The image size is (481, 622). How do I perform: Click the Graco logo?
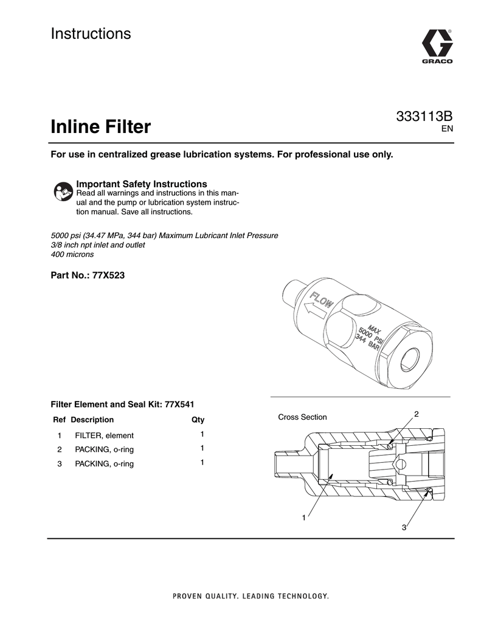pyautogui.click(x=436, y=47)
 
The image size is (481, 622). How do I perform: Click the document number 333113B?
pyautogui.click(x=424, y=117)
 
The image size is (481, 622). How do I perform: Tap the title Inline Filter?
pyautogui.click(x=100, y=128)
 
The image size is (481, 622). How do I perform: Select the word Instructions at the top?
pyautogui.click(x=91, y=34)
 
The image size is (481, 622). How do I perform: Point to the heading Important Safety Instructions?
pyautogui.click(x=142, y=184)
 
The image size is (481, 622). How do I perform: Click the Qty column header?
pyautogui.click(x=198, y=420)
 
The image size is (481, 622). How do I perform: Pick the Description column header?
pyautogui.click(x=92, y=420)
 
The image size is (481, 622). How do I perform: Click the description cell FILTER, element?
pyautogui.click(x=104, y=436)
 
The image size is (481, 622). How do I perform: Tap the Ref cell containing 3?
pyautogui.click(x=60, y=464)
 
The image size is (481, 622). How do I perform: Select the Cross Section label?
pyautogui.click(x=302, y=417)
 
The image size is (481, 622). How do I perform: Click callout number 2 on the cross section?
pyautogui.click(x=417, y=414)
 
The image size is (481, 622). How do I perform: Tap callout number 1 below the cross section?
pyautogui.click(x=302, y=518)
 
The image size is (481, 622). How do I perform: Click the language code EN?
pyautogui.click(x=447, y=129)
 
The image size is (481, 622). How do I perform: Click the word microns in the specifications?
pyautogui.click(x=81, y=255)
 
